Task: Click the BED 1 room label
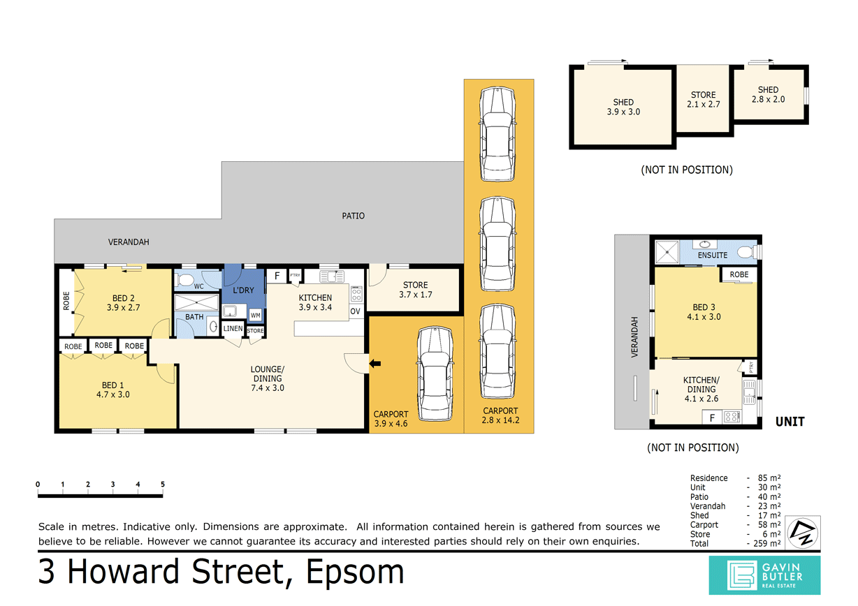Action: pyautogui.click(x=113, y=390)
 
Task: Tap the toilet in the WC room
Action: pyautogui.click(x=184, y=280)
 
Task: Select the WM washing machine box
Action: pyautogui.click(x=256, y=316)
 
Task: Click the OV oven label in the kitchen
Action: pyautogui.click(x=355, y=311)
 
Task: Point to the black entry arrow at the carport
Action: pyautogui.click(x=375, y=363)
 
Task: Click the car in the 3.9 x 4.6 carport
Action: pyautogui.click(x=435, y=374)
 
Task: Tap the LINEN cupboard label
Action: pyautogui.click(x=233, y=328)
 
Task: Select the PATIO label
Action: pyautogui.click(x=353, y=216)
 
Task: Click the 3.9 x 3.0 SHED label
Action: pyautogui.click(x=623, y=108)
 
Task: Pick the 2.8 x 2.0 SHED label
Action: pyautogui.click(x=768, y=94)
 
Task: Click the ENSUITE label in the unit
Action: pyautogui.click(x=713, y=256)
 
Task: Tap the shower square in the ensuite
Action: pyautogui.click(x=667, y=252)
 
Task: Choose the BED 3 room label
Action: pyautogui.click(x=704, y=312)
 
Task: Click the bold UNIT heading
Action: pyautogui.click(x=790, y=422)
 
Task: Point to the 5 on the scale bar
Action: pyautogui.click(x=163, y=485)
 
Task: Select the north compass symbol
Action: pyautogui.click(x=803, y=533)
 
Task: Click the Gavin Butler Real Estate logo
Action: pyautogui.click(x=764, y=575)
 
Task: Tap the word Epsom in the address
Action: pyautogui.click(x=355, y=572)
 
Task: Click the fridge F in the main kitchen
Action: pyautogui.click(x=277, y=276)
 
